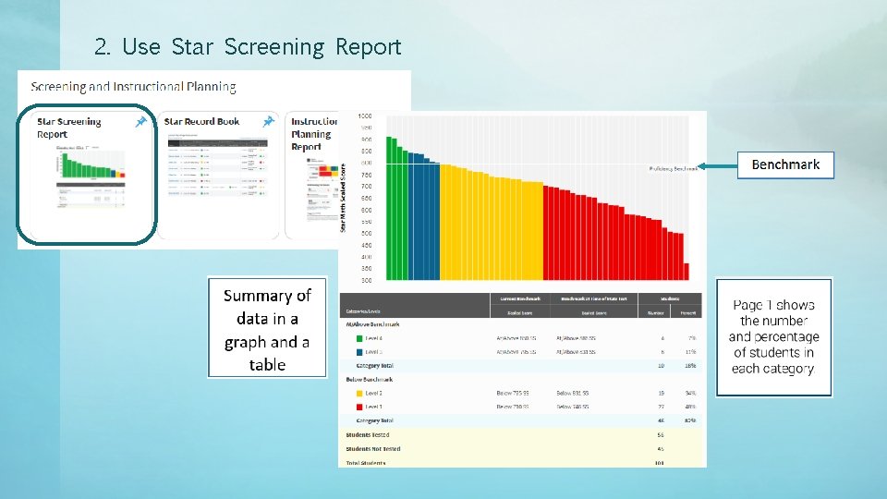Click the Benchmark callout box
[785, 164]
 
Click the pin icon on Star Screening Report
[140, 121]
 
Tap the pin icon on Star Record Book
[268, 121]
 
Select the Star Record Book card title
[201, 121]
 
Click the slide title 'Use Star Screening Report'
[248, 46]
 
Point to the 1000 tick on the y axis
[365, 116]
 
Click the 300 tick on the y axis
[365, 280]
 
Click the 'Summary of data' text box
[267, 329]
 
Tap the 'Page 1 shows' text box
[773, 336]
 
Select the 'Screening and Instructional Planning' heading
[133, 87]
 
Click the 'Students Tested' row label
[368, 434]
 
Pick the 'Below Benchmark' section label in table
[370, 379]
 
